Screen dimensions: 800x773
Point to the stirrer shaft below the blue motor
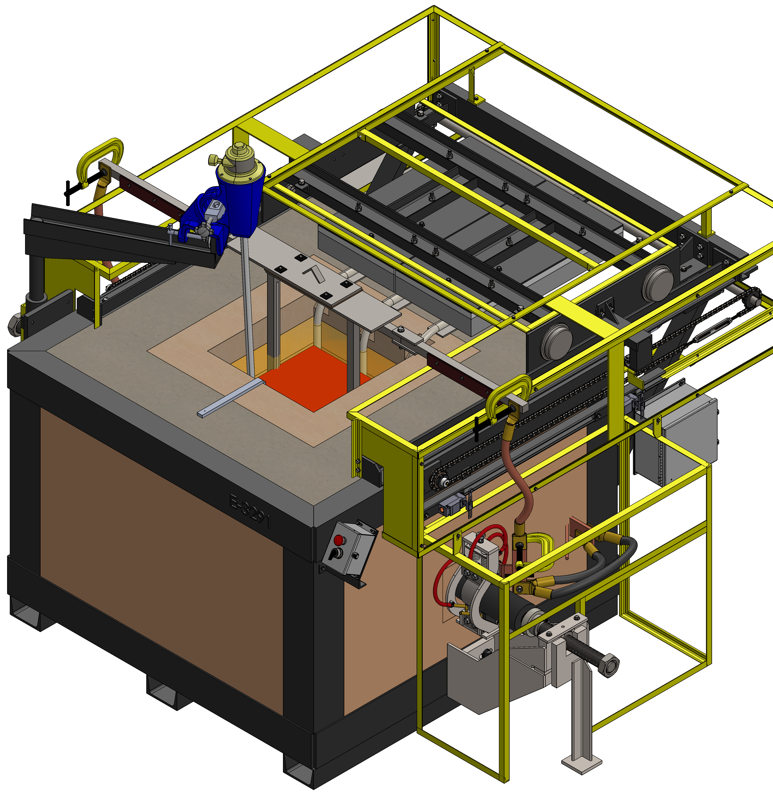point(248,306)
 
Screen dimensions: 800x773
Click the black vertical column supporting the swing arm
point(36,278)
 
